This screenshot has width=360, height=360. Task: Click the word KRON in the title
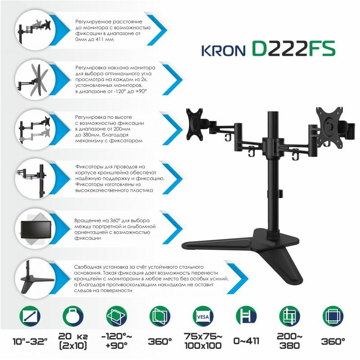tap(224, 51)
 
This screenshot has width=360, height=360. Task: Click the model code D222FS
tap(294, 49)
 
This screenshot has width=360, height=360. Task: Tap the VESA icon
tap(203, 317)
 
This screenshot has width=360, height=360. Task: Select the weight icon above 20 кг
tap(73, 317)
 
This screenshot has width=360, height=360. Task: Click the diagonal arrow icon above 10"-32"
tap(30, 317)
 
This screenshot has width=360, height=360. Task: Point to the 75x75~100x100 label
tap(203, 341)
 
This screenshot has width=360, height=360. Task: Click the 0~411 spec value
tap(246, 341)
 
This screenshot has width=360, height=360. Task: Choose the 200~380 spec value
tap(289, 341)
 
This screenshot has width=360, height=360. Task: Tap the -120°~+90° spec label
tap(117, 341)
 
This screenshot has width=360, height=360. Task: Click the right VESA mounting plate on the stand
tap(329, 126)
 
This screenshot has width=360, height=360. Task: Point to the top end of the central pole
tap(273, 112)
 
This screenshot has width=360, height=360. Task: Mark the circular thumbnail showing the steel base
tap(36, 278)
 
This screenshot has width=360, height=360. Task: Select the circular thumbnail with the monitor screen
tap(36, 229)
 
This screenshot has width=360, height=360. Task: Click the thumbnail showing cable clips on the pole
tap(36, 179)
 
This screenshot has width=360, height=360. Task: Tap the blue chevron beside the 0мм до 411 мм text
tap(157, 30)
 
